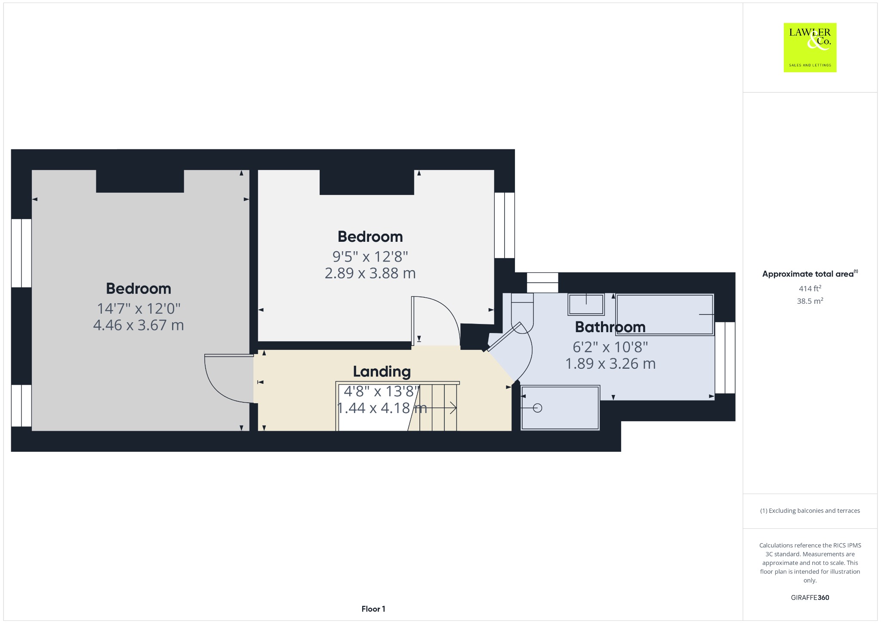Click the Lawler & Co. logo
[810, 47]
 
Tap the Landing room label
[382, 371]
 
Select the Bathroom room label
[610, 327]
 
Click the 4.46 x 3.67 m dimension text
[139, 325]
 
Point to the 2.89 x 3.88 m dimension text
[370, 273]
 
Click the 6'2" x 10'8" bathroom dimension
[610, 347]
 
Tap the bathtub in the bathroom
[665, 315]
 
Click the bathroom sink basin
[586, 304]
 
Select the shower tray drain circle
[537, 407]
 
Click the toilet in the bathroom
[522, 311]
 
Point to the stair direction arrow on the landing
[434, 407]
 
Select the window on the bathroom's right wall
[725, 358]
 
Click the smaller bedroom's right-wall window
[504, 225]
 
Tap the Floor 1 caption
[373, 609]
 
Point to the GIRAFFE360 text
[810, 597]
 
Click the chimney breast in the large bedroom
[140, 181]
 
